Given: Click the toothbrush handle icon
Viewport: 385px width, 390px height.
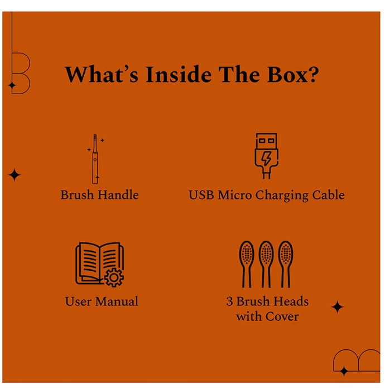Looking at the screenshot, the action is (x=95, y=159).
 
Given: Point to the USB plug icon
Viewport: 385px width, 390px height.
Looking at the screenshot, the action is (x=266, y=156).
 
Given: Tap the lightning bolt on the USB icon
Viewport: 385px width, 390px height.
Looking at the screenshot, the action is (x=266, y=159).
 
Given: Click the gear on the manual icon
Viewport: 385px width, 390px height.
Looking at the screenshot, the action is (x=114, y=278).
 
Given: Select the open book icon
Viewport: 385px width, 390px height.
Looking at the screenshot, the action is (x=100, y=264).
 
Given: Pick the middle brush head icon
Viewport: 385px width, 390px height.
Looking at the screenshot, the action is (x=266, y=264).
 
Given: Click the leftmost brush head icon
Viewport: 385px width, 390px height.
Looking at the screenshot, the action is (x=247, y=264).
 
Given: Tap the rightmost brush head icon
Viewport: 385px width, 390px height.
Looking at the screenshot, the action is (x=286, y=264).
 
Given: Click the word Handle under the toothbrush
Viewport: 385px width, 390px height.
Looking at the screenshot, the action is (x=118, y=195).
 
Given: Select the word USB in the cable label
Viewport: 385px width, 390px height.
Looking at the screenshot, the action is (x=201, y=195).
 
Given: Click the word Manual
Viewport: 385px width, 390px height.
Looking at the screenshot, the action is (x=117, y=301).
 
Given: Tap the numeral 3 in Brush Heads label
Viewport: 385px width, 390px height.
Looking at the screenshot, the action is (x=230, y=301).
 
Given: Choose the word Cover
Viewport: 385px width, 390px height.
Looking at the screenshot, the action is (x=282, y=316).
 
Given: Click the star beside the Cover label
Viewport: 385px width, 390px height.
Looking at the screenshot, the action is (x=338, y=307).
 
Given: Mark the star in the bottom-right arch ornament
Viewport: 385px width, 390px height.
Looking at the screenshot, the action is (x=344, y=371).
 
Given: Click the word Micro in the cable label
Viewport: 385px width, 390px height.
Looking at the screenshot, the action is (x=234, y=195).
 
